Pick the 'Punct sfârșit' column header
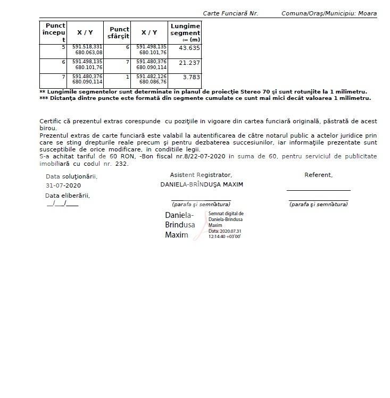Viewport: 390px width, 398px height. [119, 32]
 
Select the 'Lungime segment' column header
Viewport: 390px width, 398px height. [185, 32]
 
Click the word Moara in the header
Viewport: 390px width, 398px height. [368, 13]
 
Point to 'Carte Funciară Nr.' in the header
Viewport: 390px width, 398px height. [230, 13]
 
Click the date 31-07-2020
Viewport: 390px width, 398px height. [63, 185]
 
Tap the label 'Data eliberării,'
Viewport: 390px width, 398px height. [68, 196]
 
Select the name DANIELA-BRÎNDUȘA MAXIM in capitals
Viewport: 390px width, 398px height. [202, 185]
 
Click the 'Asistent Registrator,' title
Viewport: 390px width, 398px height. [201, 175]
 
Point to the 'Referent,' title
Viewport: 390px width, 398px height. [318, 175]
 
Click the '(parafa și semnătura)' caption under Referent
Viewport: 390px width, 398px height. [318, 204]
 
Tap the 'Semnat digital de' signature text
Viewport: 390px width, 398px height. [226, 214]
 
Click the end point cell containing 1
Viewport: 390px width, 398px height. [127, 77]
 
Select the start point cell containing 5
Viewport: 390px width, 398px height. [63, 48]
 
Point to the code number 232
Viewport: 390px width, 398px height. [121, 164]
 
